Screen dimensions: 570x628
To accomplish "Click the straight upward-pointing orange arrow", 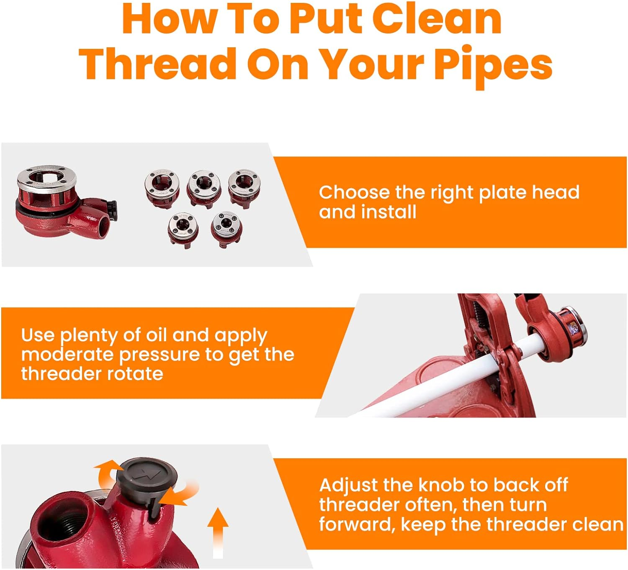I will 218,531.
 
